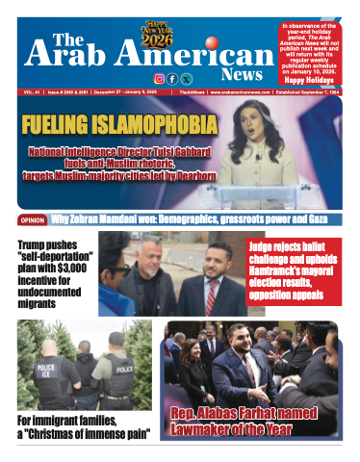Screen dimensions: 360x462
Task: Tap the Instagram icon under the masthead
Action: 159,78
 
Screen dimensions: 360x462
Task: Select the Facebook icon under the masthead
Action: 172,78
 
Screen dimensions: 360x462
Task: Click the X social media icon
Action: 186,78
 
